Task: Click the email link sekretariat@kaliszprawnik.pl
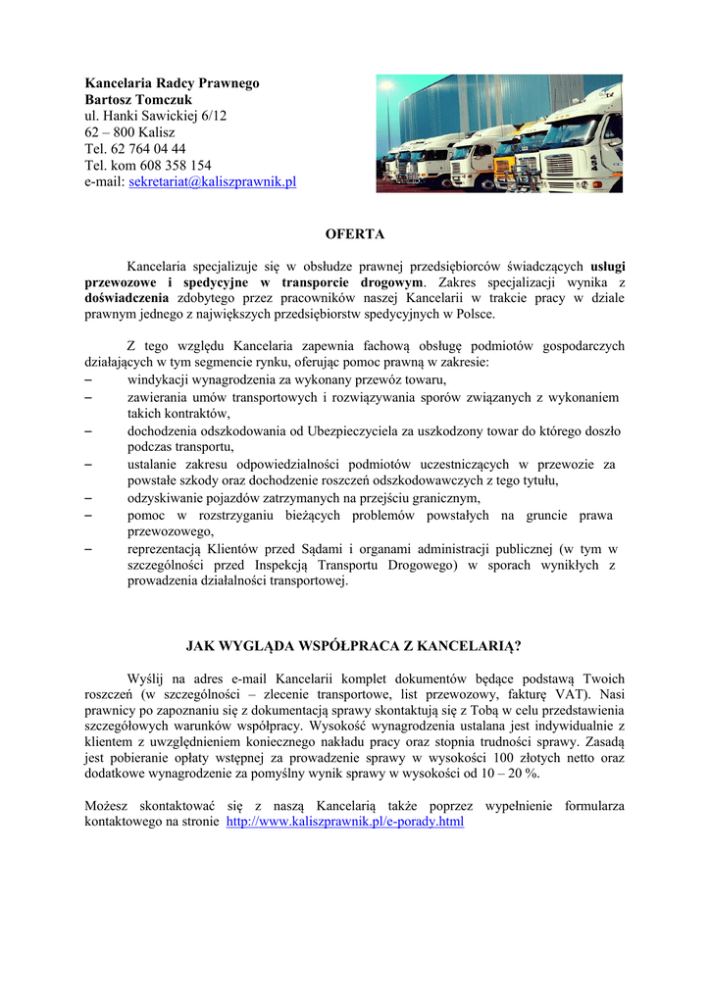tap(212, 181)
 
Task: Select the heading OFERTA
tap(355, 234)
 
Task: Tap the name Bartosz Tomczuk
tap(138, 100)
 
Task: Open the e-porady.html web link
tap(344, 821)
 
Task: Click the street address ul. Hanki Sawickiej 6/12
tap(155, 116)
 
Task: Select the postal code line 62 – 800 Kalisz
tap(129, 132)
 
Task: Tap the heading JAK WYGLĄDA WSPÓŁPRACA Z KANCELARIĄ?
tap(354, 646)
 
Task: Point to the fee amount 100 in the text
tap(504, 757)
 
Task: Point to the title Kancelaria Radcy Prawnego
tap(172, 83)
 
